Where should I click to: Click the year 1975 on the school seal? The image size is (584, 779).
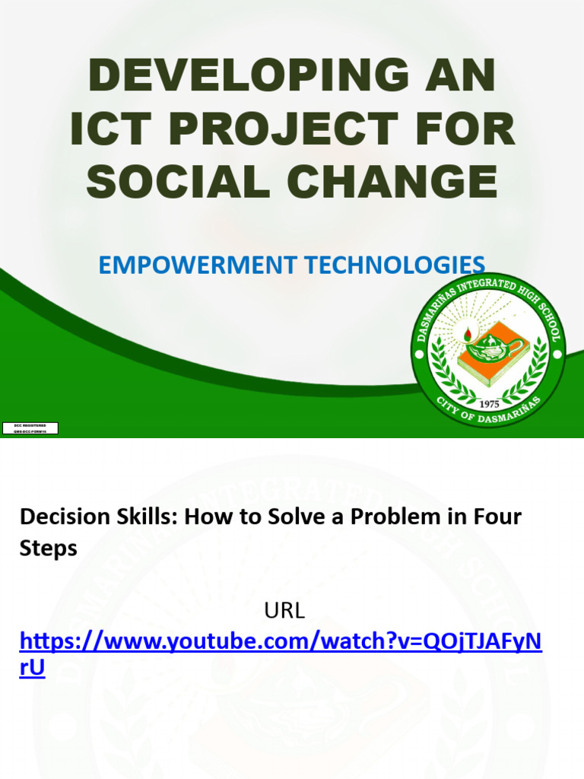pos(489,404)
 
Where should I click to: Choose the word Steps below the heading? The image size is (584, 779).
pos(48,548)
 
